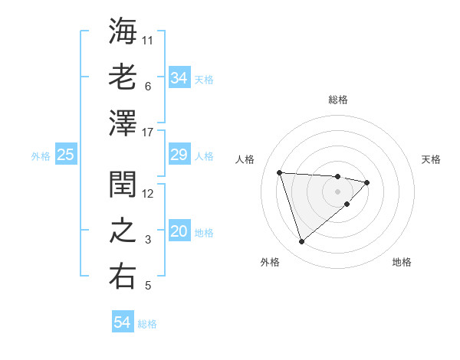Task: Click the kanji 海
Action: tap(123, 31)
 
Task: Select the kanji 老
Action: tap(123, 77)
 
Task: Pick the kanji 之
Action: tap(123, 231)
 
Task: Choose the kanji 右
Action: tap(123, 277)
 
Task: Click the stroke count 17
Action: tap(149, 133)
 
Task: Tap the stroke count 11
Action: tap(149, 40)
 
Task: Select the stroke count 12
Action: tap(149, 193)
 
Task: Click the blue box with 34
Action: tap(179, 78)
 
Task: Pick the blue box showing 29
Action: tap(179, 155)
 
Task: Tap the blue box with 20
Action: tap(179, 232)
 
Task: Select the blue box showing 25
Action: tap(65, 155)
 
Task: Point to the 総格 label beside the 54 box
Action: tap(147, 324)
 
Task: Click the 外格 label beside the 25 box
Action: tap(41, 156)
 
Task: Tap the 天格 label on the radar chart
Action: tap(432, 159)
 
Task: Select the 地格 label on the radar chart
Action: tap(402, 262)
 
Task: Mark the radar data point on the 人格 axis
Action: tap(280, 172)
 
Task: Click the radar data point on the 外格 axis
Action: tap(301, 241)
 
